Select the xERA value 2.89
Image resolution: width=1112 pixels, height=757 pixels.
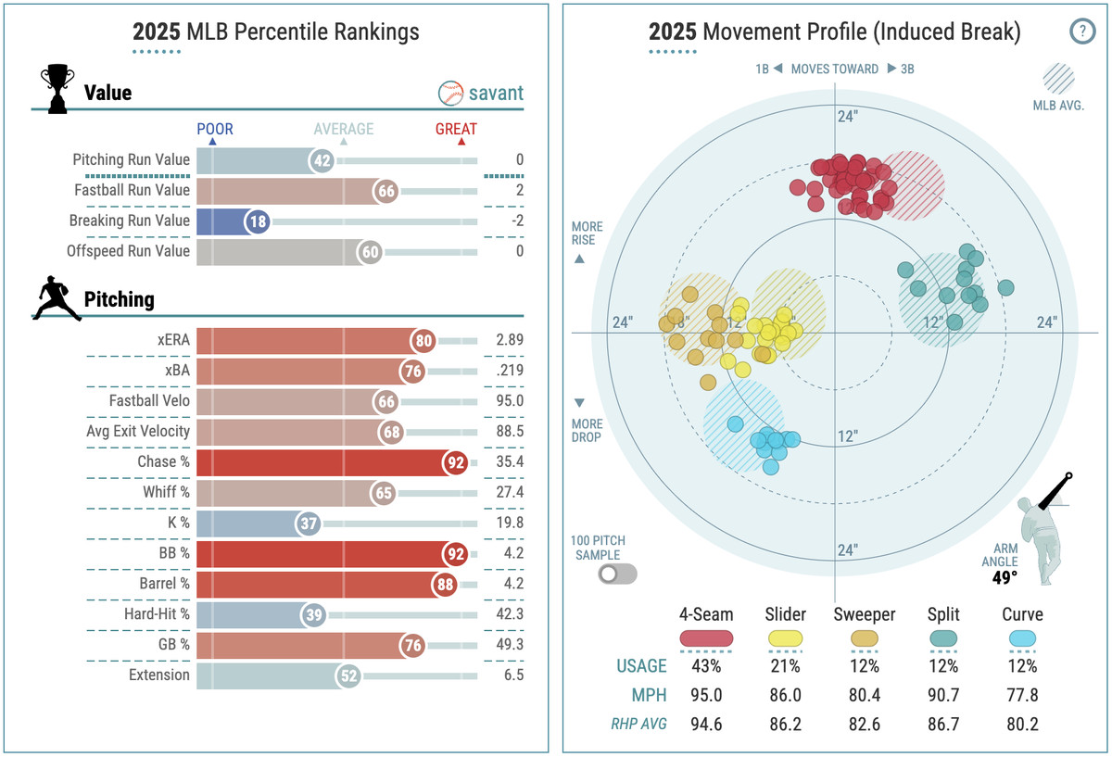(509, 340)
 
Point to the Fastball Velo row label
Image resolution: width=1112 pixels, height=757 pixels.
(148, 401)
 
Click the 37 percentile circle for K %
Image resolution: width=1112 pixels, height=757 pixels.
(308, 524)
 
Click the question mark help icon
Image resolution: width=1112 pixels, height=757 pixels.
(1081, 32)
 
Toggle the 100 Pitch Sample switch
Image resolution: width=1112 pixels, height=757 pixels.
(617, 574)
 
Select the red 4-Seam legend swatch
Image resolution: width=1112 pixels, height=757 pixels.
(706, 637)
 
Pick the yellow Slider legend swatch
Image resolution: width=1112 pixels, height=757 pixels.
(785, 637)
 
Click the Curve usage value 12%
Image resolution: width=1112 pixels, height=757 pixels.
(1022, 666)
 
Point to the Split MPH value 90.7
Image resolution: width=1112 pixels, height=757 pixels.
(942, 695)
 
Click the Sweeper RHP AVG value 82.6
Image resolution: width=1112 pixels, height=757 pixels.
(864, 724)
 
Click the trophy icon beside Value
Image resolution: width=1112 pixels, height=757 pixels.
(57, 89)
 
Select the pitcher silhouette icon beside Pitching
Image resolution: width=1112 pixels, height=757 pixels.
(57, 298)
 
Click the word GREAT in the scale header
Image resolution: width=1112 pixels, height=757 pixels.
(456, 130)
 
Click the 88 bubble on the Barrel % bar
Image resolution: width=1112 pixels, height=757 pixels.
(446, 584)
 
